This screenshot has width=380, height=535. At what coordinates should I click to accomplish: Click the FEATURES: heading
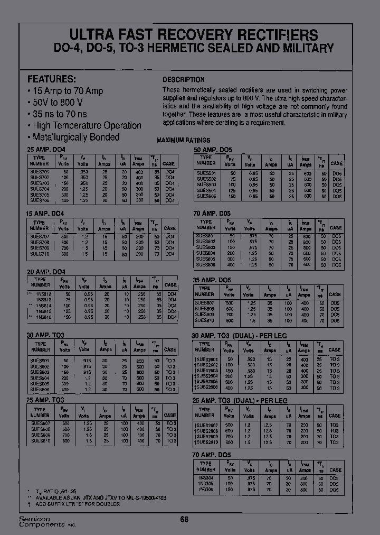pos(51,79)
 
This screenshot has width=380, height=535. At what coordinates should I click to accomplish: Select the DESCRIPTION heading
pos(183,80)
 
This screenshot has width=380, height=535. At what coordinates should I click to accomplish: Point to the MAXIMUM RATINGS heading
pos(184,140)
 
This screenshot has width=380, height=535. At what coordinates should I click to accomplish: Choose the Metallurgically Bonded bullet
pos(73,137)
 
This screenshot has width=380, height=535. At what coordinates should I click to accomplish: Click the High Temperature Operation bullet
pos(84,126)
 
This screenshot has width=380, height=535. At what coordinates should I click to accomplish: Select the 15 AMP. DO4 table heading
pos(45,213)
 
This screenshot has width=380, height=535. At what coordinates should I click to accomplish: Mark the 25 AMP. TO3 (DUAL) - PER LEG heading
pos(240,401)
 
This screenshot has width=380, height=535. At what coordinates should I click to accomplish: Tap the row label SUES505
pos(205,196)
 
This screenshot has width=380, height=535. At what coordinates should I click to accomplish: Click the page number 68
pos(184,519)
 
